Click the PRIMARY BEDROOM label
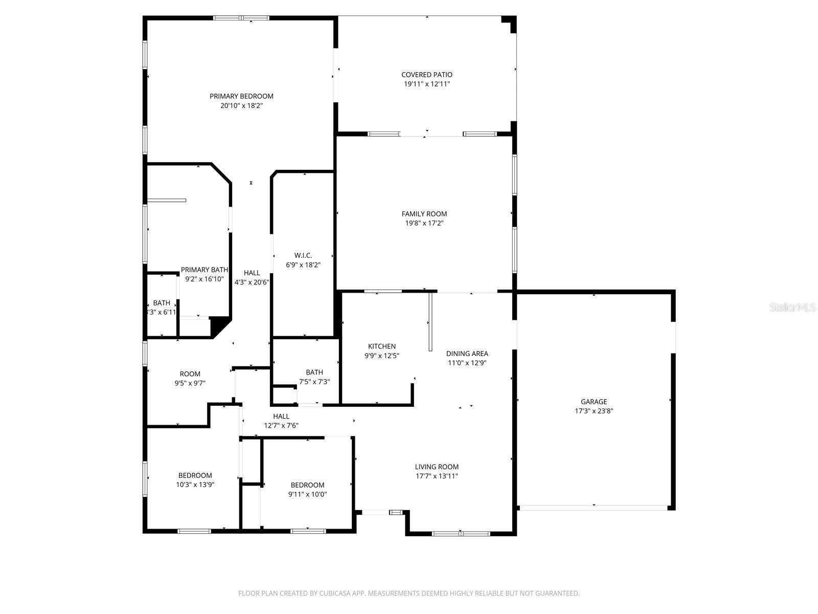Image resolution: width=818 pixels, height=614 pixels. pos(241,96)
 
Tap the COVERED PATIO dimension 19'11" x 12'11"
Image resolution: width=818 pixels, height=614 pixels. pos(427,84)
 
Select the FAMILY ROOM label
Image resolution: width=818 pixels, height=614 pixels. pos(424,214)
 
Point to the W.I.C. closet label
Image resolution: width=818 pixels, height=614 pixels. pos(303,255)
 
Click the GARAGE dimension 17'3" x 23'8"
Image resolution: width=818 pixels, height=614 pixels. pos(594,411)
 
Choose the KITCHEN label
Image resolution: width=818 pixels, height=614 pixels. pos(382,346)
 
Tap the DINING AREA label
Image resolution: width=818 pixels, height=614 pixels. pos(467,354)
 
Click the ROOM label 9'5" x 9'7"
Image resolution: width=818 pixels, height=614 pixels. pos(190,374)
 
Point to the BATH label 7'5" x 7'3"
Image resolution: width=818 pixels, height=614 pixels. pos(314,372)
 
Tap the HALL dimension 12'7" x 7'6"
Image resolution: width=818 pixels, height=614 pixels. pos(281,425)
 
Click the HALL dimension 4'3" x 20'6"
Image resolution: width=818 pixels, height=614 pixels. pos(252,282)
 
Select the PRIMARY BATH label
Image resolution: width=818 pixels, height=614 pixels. pos(204,270)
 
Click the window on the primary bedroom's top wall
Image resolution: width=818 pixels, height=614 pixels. pos(241,18)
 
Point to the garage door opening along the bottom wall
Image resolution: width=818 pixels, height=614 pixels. pos(594,508)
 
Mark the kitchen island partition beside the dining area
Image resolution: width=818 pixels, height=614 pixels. pos(430,321)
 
